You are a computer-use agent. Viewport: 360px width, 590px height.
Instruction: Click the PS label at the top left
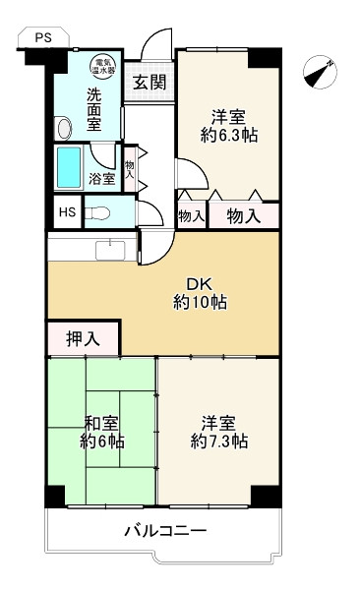coord(43,37)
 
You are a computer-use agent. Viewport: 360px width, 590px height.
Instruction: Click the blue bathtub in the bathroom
coord(69,167)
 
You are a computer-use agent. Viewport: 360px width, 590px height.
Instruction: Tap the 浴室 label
coord(102,179)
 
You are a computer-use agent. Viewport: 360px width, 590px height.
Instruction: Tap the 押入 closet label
coord(83,339)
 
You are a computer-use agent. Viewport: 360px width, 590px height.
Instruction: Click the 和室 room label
coord(101,424)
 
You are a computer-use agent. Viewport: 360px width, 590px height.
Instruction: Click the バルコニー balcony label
coord(165,531)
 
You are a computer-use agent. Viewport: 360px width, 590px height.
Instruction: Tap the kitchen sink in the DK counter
coord(111,249)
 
